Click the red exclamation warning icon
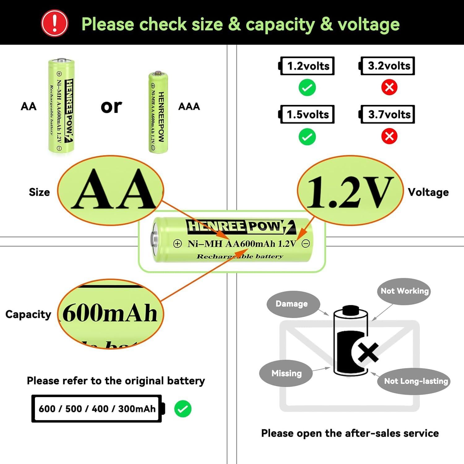point(55,24)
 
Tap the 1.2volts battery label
point(307,66)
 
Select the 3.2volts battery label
point(388,66)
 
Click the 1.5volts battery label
point(307,114)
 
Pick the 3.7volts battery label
point(388,114)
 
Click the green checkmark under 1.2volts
point(307,88)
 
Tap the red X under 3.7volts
point(389,136)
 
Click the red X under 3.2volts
point(389,88)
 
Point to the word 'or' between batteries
point(111,107)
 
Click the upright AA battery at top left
point(61,106)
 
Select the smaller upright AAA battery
point(158,113)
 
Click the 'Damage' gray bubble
point(292,304)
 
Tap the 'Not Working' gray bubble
point(404,291)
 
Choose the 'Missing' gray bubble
point(286,373)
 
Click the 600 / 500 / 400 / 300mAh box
point(97,409)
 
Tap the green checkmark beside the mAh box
point(183,409)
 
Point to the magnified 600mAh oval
point(110,314)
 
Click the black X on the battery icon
point(368,352)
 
